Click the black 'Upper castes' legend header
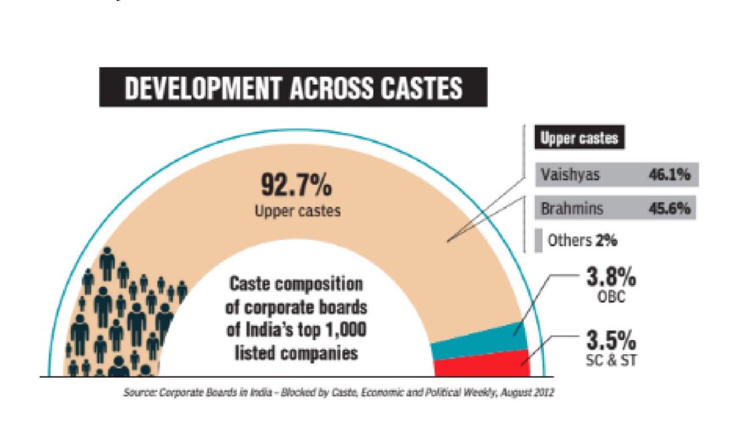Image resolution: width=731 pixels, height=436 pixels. point(579,138)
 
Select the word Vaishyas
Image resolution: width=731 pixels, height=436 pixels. point(570,175)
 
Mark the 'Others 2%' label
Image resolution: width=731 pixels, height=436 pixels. point(582,240)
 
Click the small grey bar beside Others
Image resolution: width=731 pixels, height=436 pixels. point(539,240)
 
